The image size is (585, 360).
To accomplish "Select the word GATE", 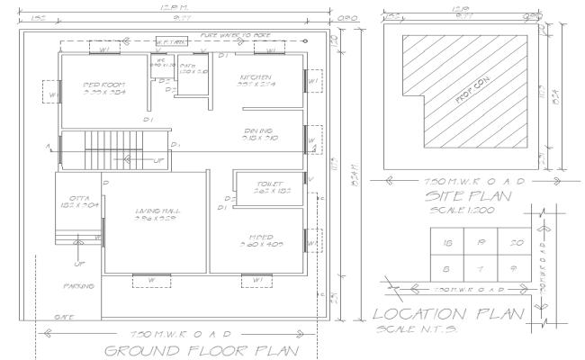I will point(65,317).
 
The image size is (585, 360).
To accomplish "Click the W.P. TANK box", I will point(169,41).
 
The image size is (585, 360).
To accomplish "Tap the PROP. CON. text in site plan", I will point(465,98).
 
